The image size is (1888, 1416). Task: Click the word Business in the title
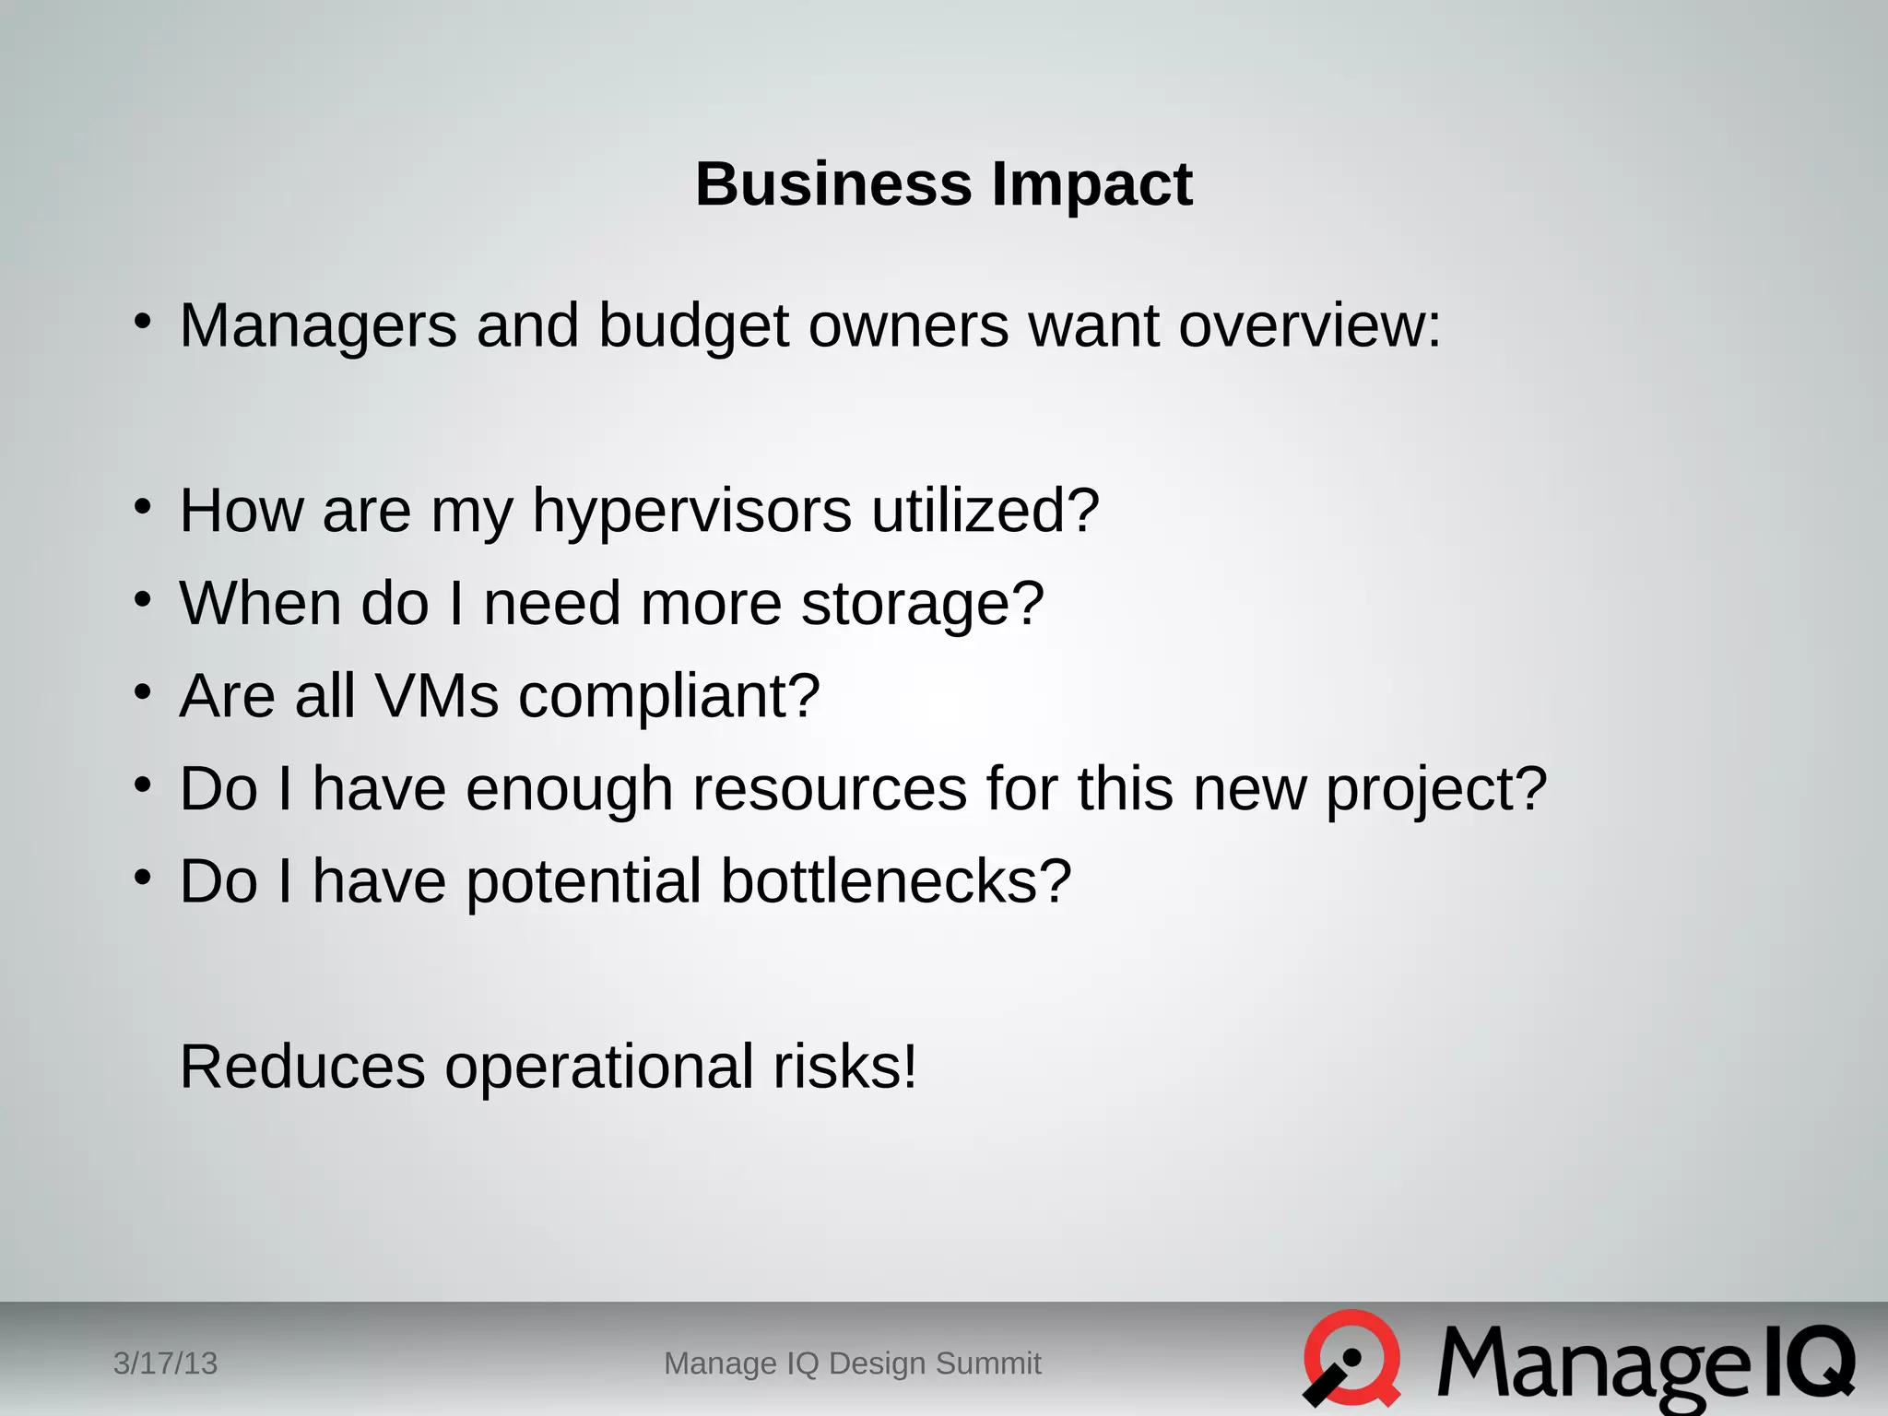pos(832,183)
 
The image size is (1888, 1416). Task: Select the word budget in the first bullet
pos(693,327)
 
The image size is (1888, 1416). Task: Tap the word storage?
pos(922,605)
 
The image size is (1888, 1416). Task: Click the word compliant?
pos(668,697)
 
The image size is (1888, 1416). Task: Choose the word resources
pos(829,789)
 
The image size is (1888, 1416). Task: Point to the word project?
pos(1435,791)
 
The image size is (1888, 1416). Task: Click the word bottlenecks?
pos(895,881)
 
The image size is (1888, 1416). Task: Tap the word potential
pos(584,883)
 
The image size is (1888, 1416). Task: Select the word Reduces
pos(302,1067)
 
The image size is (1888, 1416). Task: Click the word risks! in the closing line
pos(844,1067)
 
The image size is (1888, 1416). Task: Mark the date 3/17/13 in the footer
pos(165,1363)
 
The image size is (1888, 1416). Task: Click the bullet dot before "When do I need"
pos(142,600)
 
